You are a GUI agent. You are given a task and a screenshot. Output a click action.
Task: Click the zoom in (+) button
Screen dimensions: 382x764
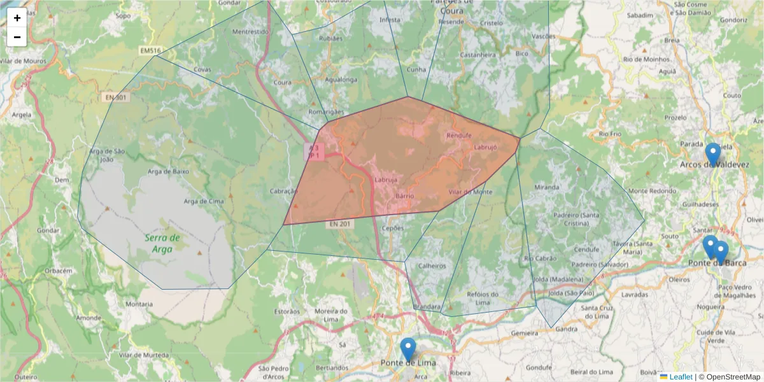(x=17, y=18)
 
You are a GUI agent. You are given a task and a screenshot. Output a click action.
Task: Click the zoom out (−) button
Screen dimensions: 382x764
(x=17, y=37)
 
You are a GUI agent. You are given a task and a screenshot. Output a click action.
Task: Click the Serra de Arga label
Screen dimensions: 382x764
(x=162, y=243)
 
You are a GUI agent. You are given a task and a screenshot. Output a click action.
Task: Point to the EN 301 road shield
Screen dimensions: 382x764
(x=115, y=97)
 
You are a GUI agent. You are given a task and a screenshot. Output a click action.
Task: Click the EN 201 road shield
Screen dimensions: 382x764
(x=339, y=224)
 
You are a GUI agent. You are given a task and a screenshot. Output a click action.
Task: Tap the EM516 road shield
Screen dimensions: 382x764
(x=151, y=50)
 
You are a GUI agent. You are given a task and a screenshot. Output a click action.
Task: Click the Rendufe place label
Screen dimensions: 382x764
(x=459, y=136)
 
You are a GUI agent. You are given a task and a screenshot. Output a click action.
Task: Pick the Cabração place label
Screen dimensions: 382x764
(x=283, y=191)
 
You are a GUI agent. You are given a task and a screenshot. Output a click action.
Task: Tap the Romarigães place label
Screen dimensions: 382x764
(x=325, y=111)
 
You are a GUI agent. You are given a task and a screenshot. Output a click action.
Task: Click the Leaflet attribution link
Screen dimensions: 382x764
(x=681, y=377)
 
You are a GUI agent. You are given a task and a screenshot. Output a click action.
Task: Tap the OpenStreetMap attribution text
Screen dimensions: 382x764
(x=729, y=377)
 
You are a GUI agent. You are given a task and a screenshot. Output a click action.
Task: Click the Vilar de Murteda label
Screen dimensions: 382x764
(x=138, y=354)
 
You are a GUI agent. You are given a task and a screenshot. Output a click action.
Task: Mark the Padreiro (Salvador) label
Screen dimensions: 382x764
(x=600, y=264)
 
